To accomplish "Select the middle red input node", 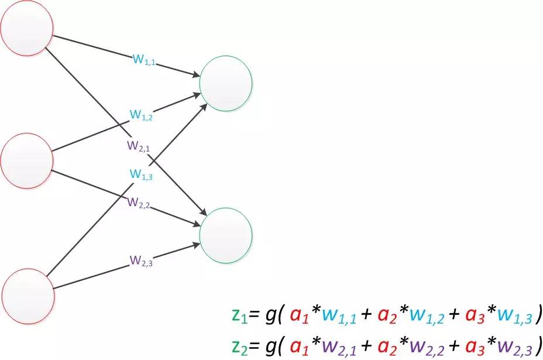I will [x=27, y=160].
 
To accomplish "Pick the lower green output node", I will [x=226, y=235].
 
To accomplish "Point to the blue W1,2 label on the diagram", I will [x=140, y=115].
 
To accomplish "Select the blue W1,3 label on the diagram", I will [x=140, y=174].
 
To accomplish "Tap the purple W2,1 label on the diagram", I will [x=139, y=146].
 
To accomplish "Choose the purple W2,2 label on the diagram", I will [x=139, y=203].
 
